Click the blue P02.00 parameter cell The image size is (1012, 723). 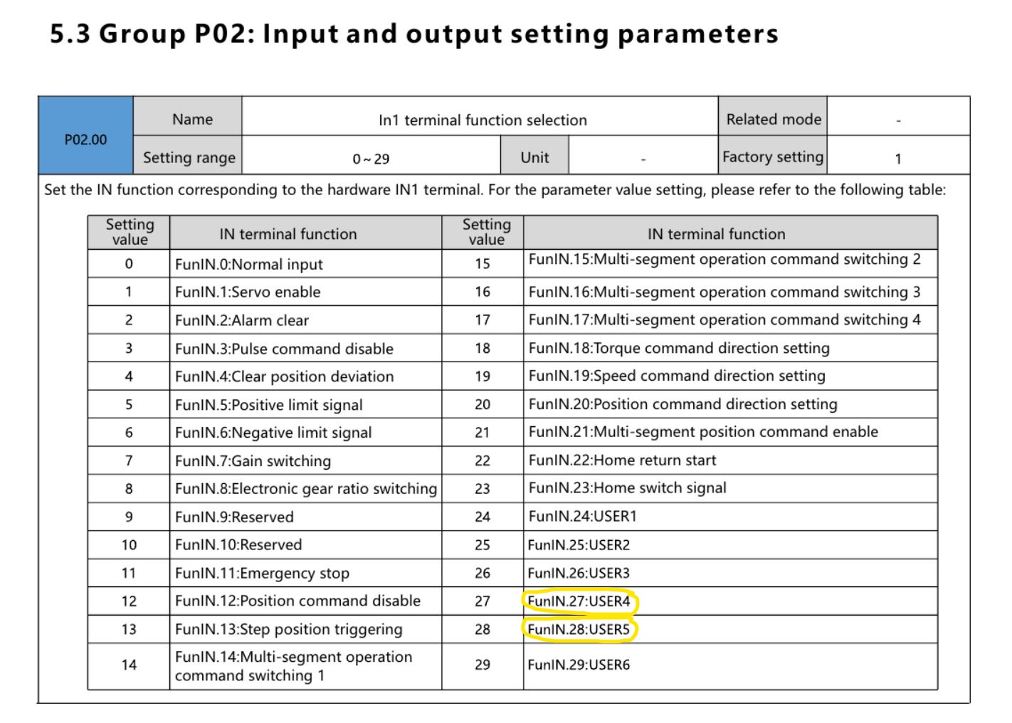[x=85, y=139]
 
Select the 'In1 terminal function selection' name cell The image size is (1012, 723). [x=483, y=120]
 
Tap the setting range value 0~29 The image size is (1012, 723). [x=371, y=159]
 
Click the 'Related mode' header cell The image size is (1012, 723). [x=773, y=120]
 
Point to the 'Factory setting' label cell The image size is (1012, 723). [x=773, y=157]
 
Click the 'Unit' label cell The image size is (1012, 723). [x=534, y=157]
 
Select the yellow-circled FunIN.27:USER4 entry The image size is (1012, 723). [x=579, y=601]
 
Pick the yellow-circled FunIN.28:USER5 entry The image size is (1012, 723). [x=579, y=630]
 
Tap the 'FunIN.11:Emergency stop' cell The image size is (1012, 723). [x=262, y=574]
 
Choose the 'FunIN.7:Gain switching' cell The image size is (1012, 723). [x=253, y=461]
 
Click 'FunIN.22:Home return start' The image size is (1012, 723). [x=622, y=460]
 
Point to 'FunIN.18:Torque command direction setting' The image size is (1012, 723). [x=679, y=348]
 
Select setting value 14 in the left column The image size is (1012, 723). [x=129, y=665]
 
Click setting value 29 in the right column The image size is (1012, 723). [x=483, y=665]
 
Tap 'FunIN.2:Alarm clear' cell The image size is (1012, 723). [x=242, y=320]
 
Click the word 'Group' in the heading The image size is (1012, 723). [x=142, y=34]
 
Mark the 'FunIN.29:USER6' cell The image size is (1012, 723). [x=579, y=665]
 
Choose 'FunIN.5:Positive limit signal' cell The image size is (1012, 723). [x=268, y=405]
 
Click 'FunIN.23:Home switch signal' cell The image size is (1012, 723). [x=627, y=488]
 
